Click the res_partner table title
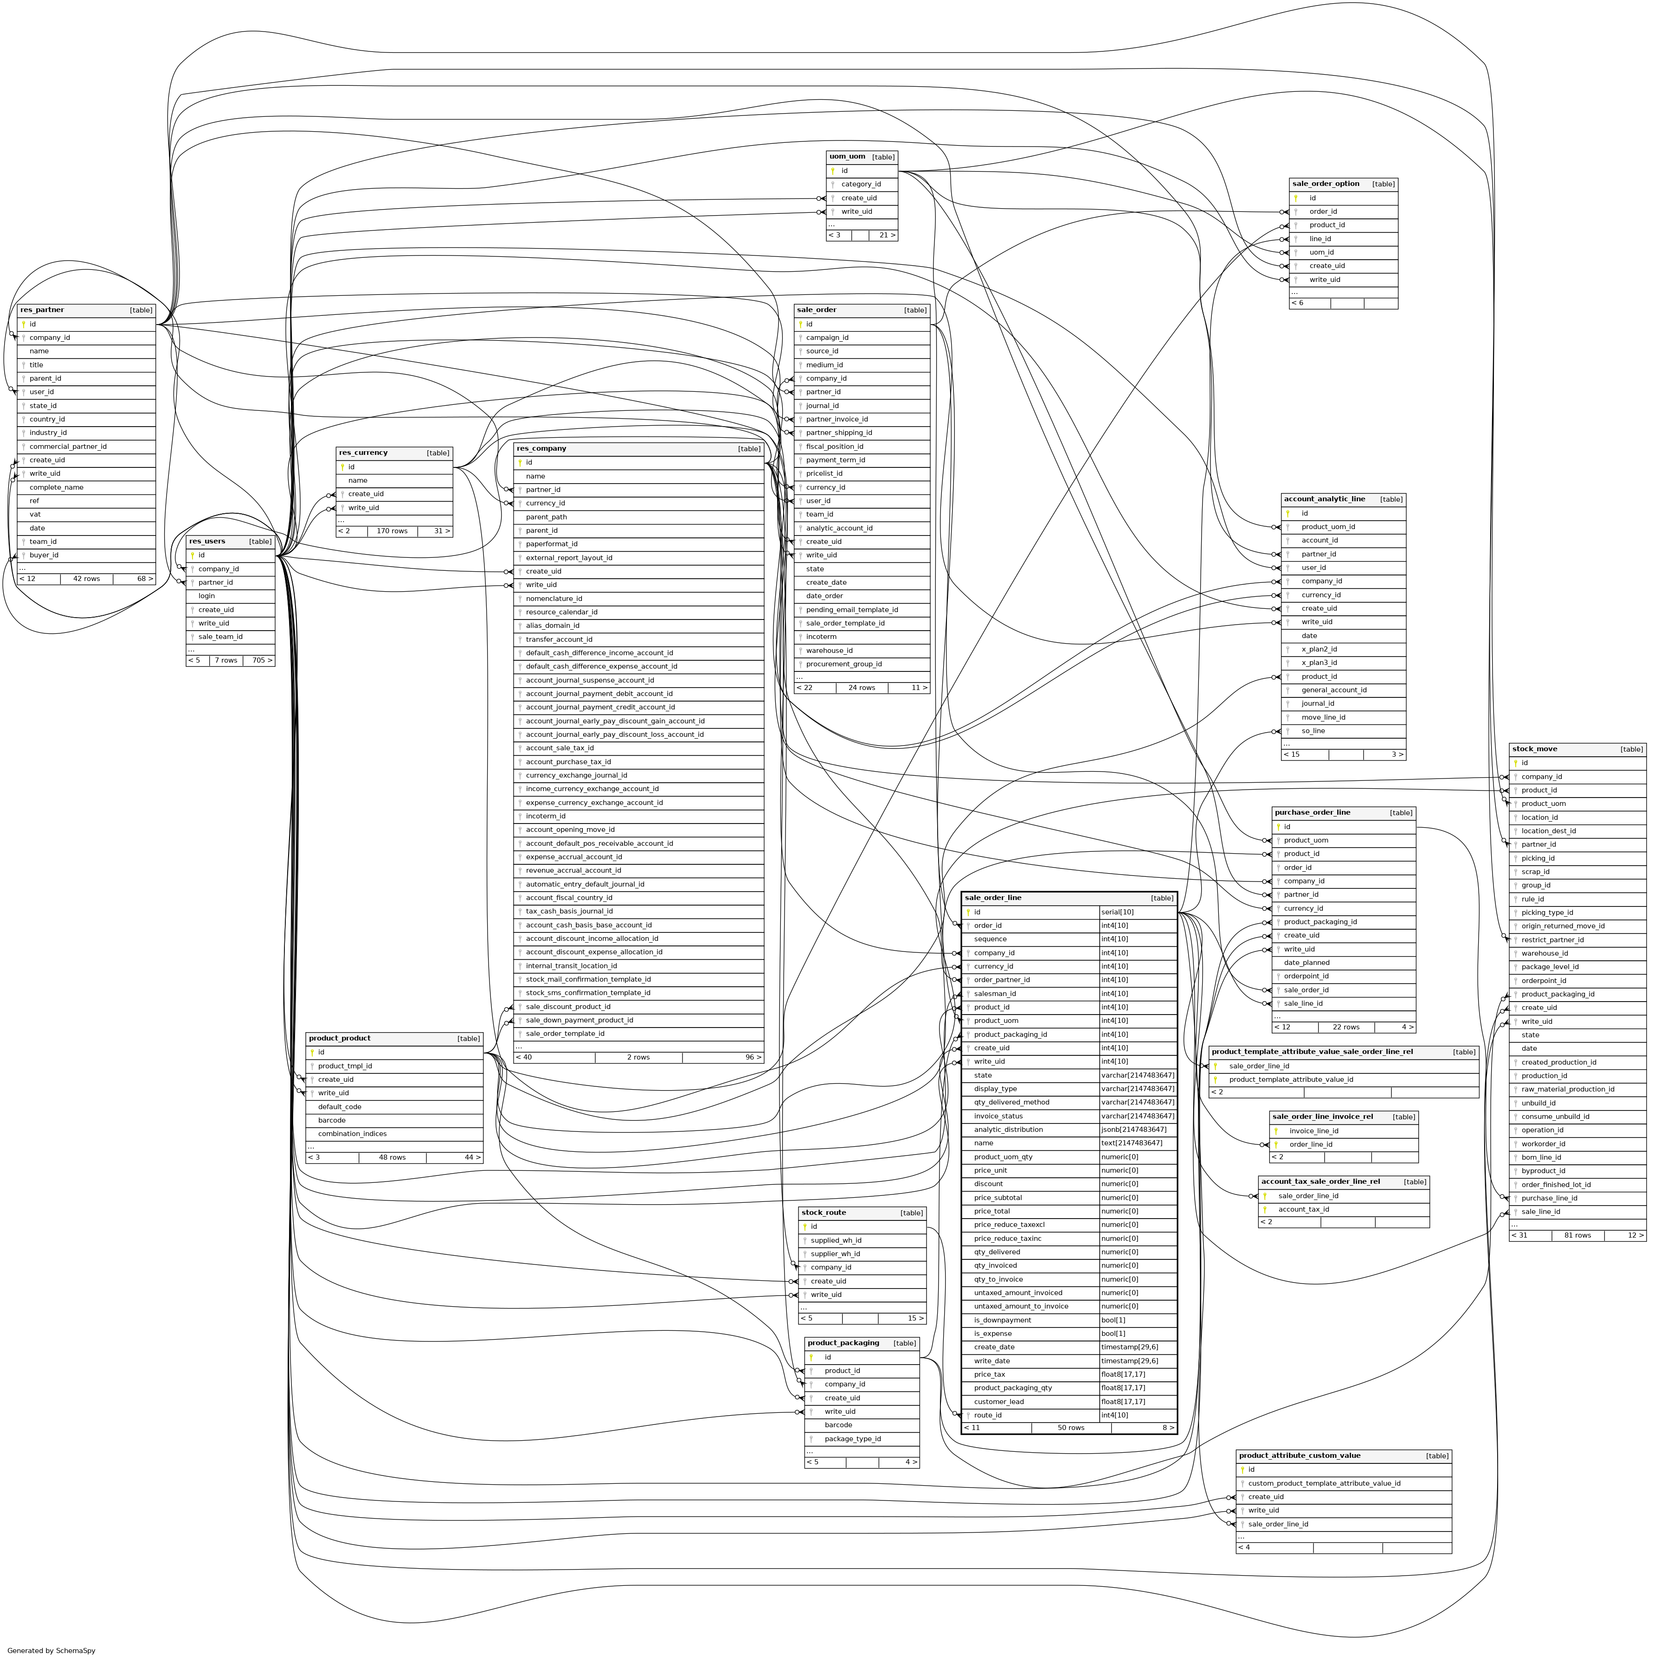coord(42,310)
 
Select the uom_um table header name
coord(847,156)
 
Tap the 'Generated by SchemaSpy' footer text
coord(51,1650)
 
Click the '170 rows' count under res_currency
coord(392,531)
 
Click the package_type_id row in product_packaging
coord(852,1438)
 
